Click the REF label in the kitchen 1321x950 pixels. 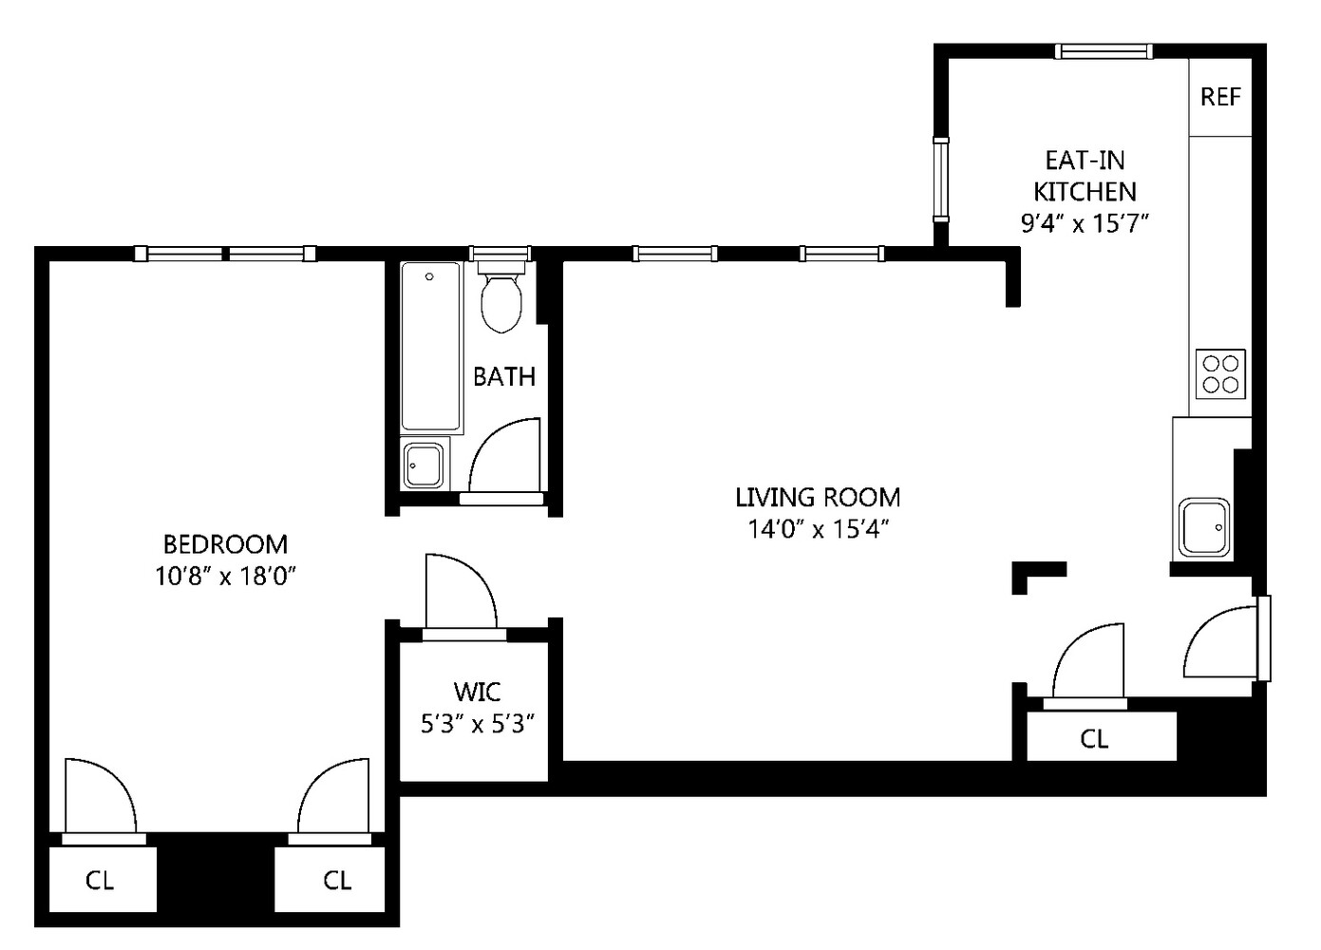click(1220, 97)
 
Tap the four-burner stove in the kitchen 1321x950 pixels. click(1220, 373)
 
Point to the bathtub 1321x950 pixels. click(430, 348)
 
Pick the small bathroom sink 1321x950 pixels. click(423, 465)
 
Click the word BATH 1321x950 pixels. click(504, 377)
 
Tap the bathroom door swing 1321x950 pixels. click(503, 458)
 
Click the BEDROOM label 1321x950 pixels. click(225, 544)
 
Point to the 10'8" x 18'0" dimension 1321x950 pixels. click(225, 576)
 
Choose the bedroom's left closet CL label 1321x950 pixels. click(100, 881)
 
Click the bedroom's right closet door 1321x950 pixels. click(331, 798)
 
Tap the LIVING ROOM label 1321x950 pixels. click(818, 497)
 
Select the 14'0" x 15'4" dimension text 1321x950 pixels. click(818, 528)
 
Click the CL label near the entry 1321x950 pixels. click(1094, 738)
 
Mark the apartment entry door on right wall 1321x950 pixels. click(1225, 641)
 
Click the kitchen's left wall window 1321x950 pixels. click(940, 179)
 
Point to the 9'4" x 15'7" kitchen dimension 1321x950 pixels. click(1085, 224)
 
